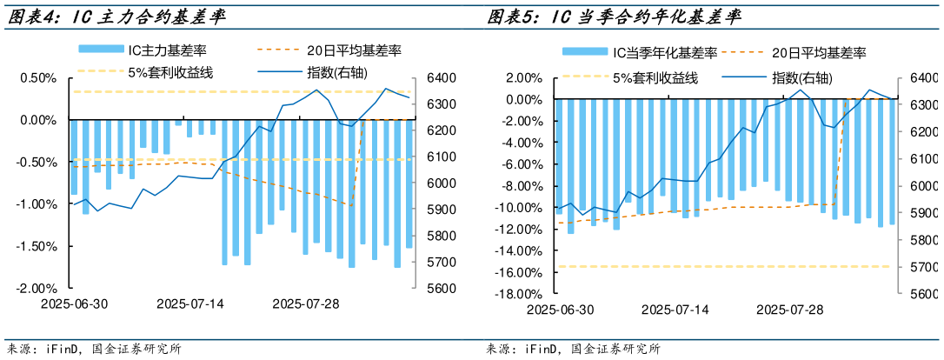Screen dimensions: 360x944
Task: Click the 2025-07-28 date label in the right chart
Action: point(790,310)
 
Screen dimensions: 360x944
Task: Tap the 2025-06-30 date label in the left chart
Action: point(74,303)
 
